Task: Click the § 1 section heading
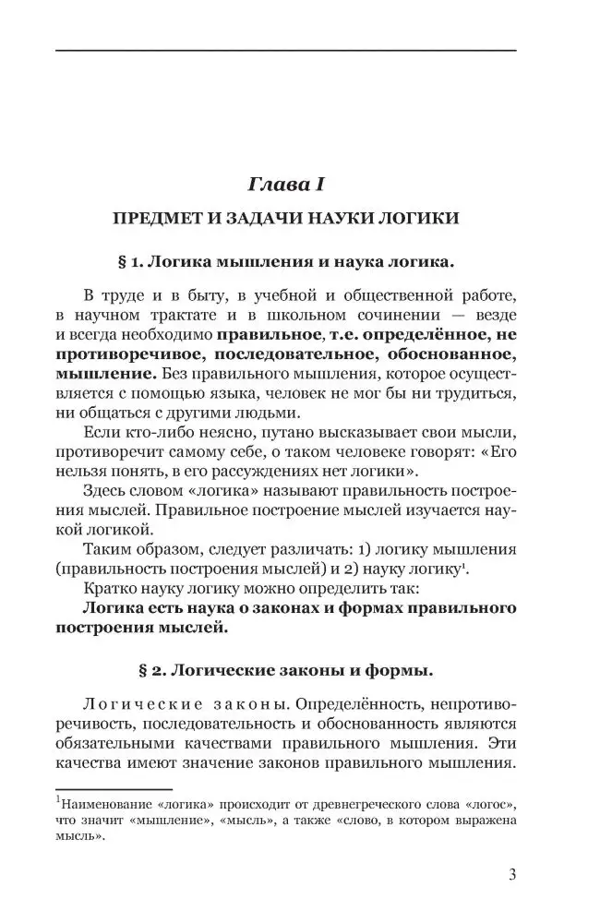point(286,262)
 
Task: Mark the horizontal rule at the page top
point(285,50)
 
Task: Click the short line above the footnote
point(114,789)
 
